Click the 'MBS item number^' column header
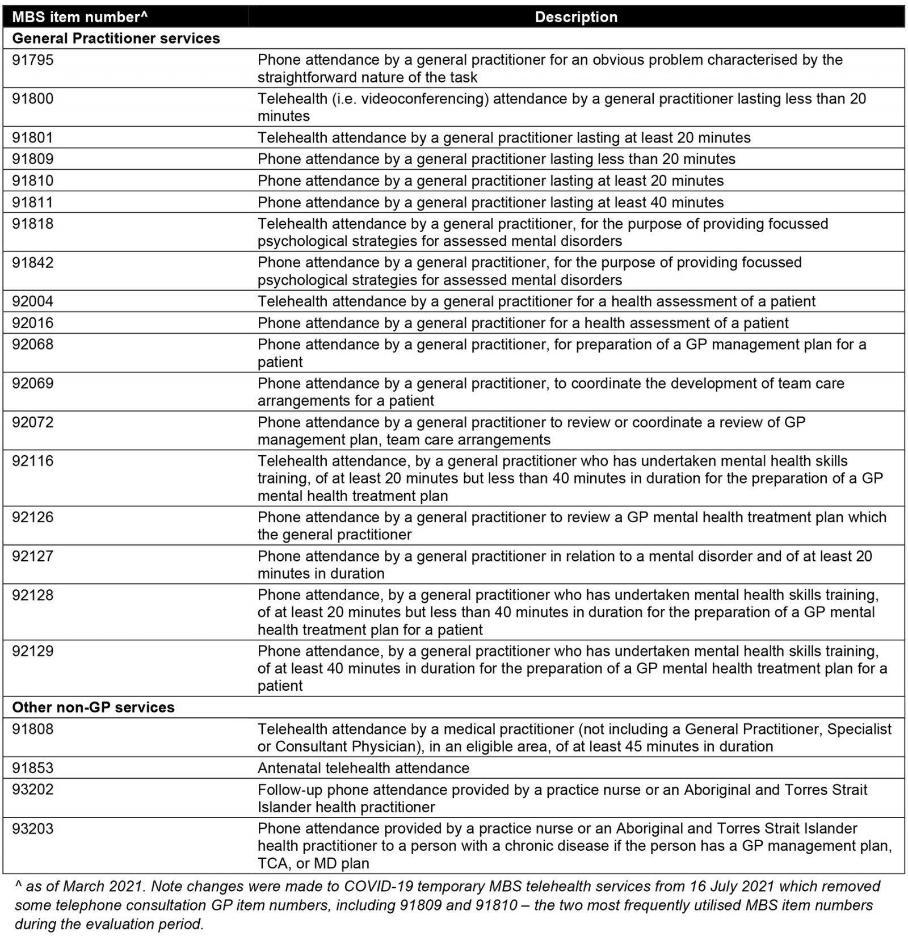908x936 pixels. [x=79, y=17]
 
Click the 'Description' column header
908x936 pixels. [x=576, y=17]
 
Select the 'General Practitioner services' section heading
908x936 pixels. [x=116, y=39]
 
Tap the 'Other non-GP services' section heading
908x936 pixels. [x=93, y=707]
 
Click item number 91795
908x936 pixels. [x=33, y=60]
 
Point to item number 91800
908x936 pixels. [x=33, y=99]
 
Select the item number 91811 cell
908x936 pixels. [x=33, y=203]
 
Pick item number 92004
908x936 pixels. [x=33, y=301]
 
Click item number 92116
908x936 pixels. [x=33, y=461]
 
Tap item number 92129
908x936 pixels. [x=33, y=651]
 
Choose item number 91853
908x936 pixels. [x=33, y=768]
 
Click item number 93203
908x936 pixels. [x=33, y=829]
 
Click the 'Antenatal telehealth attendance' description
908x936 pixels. [x=363, y=768]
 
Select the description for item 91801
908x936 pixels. [x=503, y=138]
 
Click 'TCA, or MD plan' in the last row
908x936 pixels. [x=313, y=863]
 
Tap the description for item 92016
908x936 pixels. [x=523, y=323]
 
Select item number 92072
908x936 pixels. [x=33, y=422]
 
